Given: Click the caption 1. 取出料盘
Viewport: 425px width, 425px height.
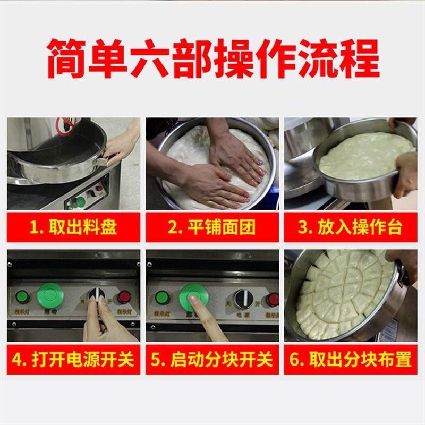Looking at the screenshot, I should (x=73, y=228).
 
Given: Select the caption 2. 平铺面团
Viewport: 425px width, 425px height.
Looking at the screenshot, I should (x=212, y=228).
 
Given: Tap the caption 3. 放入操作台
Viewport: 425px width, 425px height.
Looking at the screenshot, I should (x=350, y=228).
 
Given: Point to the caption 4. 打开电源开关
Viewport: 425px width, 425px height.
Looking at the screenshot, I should (x=73, y=360).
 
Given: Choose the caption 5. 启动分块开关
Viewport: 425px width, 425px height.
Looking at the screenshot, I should (x=212, y=360).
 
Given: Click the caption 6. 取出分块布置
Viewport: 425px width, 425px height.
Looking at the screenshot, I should (x=350, y=360).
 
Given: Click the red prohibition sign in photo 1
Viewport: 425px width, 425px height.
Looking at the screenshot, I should (x=66, y=126).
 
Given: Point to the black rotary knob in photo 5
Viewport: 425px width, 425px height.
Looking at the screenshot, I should (x=244, y=299).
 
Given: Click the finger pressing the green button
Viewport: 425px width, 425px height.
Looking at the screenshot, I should (x=201, y=305).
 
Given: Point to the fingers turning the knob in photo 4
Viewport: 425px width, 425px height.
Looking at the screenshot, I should (x=96, y=308).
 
